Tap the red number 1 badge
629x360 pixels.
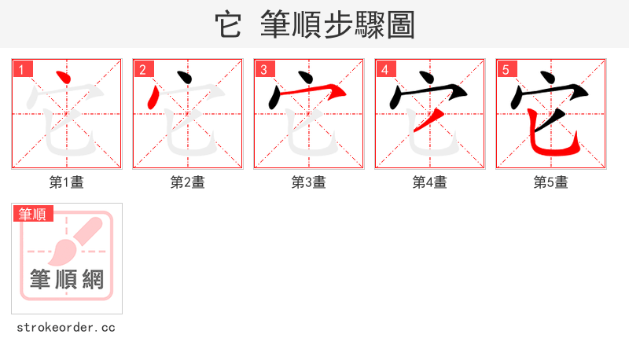21,69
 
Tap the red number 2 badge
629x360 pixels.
142,69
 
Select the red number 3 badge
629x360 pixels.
263,69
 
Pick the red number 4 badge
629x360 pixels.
384,69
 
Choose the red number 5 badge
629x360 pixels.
506,69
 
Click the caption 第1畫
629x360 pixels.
67,182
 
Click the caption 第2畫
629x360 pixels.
188,182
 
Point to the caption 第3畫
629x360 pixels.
309,182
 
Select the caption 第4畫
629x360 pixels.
430,182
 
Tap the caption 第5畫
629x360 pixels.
551,182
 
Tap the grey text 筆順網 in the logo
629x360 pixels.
67,279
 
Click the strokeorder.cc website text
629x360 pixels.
66,327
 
